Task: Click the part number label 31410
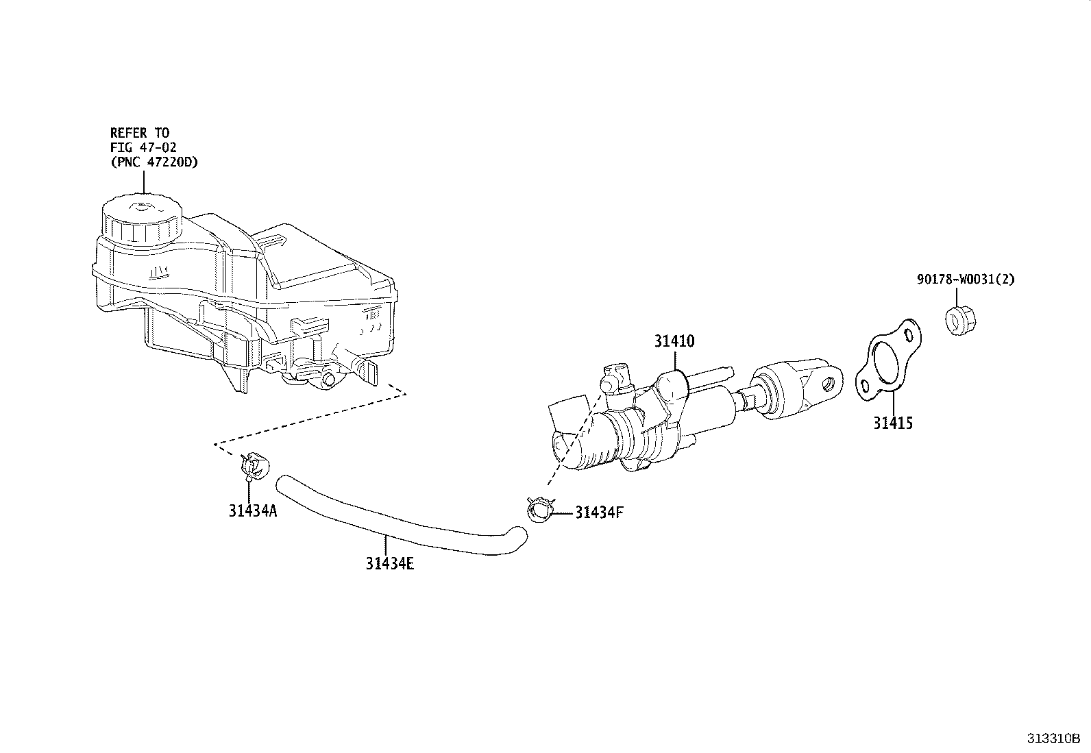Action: tap(674, 341)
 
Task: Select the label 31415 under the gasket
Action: tap(893, 423)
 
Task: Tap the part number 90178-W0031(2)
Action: tap(966, 280)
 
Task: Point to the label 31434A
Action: tap(253, 510)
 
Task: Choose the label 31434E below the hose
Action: tap(389, 564)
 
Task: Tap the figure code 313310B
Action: tap(1053, 739)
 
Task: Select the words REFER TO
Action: tap(140, 132)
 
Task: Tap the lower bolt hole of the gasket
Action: tap(866, 384)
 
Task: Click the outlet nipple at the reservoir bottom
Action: tap(330, 379)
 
